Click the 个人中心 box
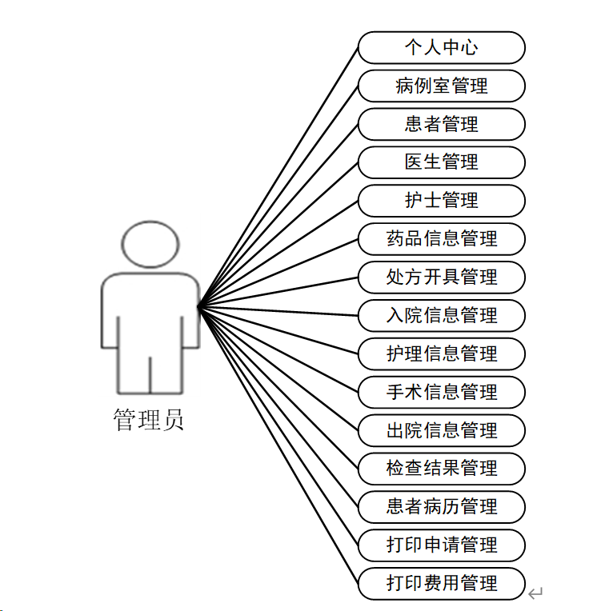[441, 47]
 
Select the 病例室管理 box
[441, 86]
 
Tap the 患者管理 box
[441, 124]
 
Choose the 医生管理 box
[441, 162]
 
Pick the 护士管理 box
[441, 200]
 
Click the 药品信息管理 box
[441, 238]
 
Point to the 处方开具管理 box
[441, 277]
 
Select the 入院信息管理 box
[441, 315]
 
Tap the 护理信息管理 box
[441, 353]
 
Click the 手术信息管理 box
[441, 392]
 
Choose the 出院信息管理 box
[441, 430]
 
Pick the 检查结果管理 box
[441, 468]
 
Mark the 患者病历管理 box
[441, 506]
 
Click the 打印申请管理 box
[441, 545]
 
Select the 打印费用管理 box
[441, 583]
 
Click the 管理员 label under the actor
[149, 420]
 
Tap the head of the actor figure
[150, 243]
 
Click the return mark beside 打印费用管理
[535, 593]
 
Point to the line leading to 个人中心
[278, 177]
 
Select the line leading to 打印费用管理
[278, 445]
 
